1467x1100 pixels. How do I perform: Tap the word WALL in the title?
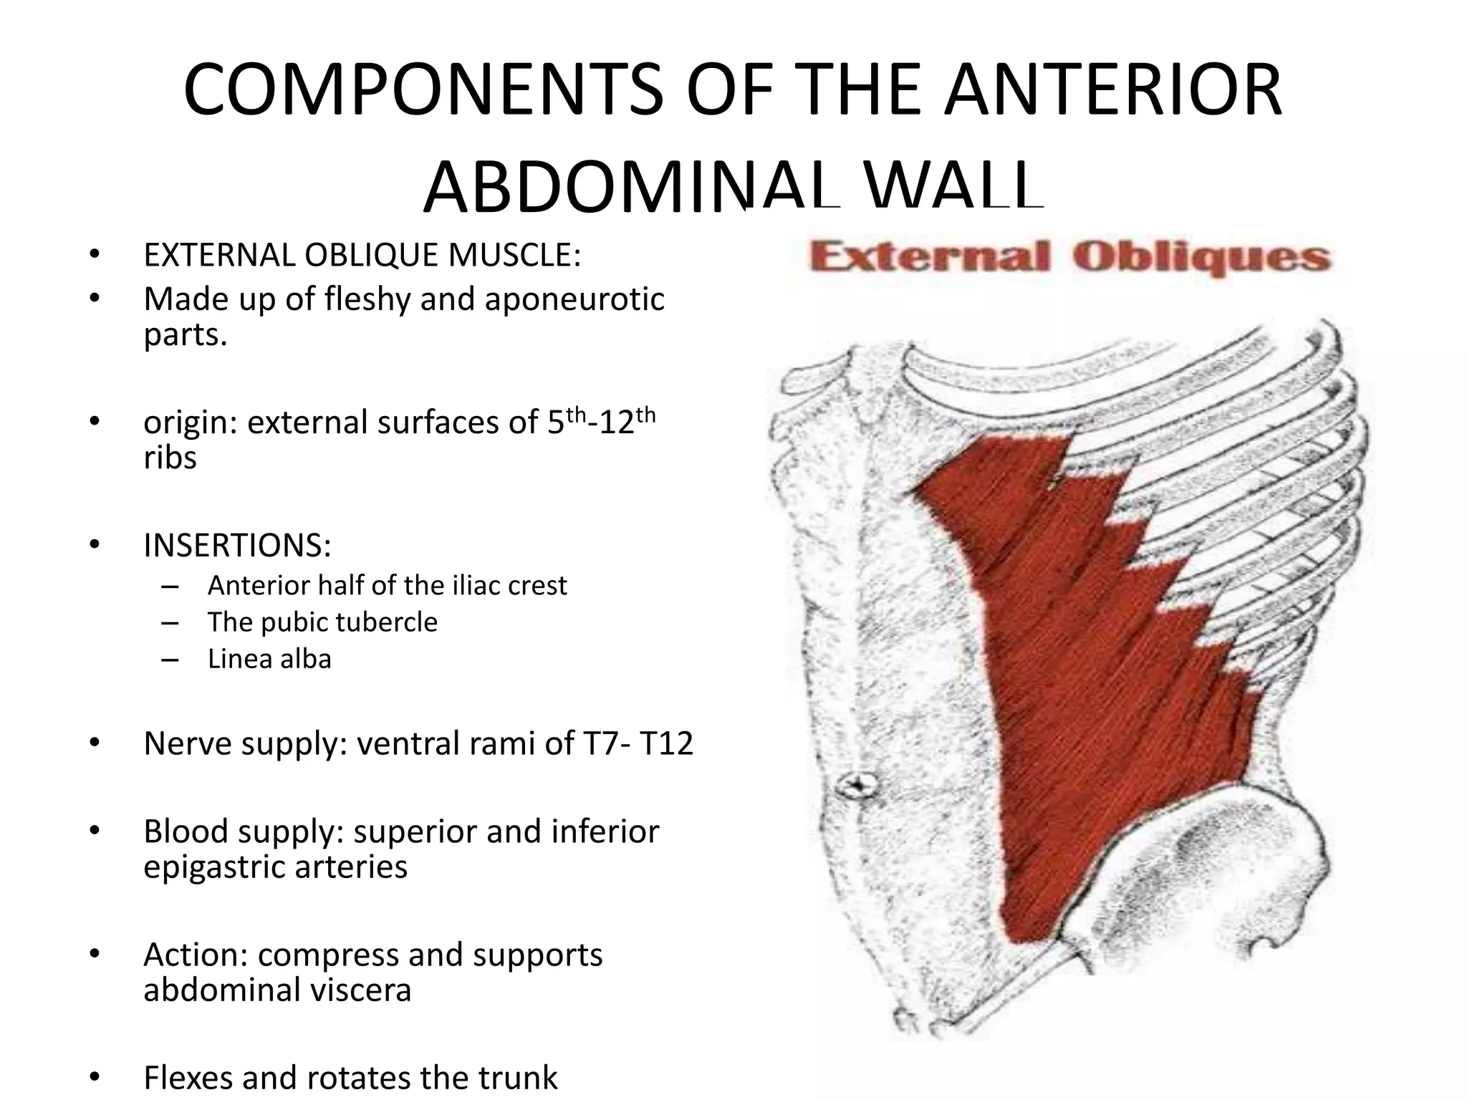953,188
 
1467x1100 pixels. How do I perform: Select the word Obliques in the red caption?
1201,258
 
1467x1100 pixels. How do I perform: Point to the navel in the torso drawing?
857,786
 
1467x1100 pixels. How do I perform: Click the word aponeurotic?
574,299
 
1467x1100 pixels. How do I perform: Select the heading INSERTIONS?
237,546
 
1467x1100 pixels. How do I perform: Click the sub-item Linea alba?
269,659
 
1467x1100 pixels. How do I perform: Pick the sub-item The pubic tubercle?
322,622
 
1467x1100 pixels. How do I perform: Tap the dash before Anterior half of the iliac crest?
170,586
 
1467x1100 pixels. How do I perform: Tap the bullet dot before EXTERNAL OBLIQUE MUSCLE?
95,255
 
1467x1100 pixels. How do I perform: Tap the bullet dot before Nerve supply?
95,743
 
